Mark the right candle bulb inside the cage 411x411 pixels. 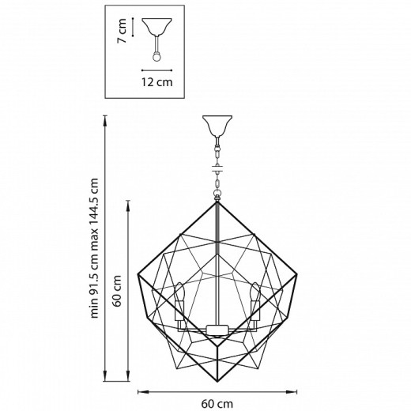click(255, 296)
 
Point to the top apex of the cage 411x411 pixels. click(217, 202)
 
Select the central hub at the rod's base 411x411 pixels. click(217, 329)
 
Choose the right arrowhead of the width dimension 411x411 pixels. click(298, 390)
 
